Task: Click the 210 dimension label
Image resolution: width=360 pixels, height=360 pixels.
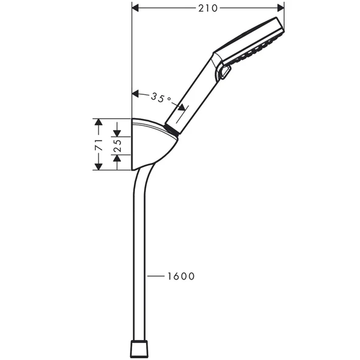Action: click(207, 8)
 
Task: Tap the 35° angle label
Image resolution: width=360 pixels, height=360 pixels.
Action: click(161, 96)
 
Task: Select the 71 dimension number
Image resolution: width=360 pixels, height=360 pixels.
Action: click(98, 144)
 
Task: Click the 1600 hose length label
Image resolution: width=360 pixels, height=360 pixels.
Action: click(181, 277)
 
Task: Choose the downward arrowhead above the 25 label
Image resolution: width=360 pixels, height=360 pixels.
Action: click(118, 130)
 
